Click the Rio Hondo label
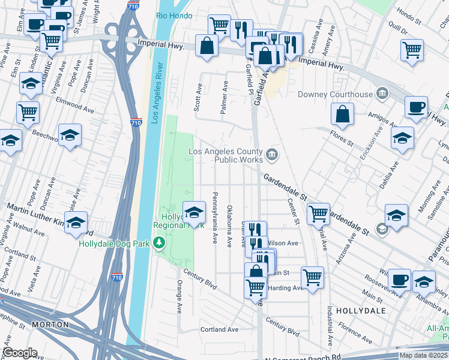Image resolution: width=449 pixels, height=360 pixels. pyautogui.click(x=174, y=16)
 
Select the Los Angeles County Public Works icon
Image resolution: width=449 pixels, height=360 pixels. pyautogui.click(x=272, y=155)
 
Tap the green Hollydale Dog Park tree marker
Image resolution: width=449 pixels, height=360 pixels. pyautogui.click(x=159, y=243)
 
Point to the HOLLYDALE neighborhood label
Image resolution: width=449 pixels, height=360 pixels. pyautogui.click(x=357, y=311)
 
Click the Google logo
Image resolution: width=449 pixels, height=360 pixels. pyautogui.click(x=19, y=353)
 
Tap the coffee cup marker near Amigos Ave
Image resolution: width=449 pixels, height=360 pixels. pyautogui.click(x=416, y=107)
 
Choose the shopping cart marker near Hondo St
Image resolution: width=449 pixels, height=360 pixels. pyautogui.click(x=412, y=50)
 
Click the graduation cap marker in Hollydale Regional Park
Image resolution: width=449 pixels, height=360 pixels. pyautogui.click(x=193, y=212)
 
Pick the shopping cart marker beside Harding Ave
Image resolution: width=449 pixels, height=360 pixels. pyautogui.click(x=312, y=278)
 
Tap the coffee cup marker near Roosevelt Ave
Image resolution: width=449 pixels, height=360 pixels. pyautogui.click(x=399, y=279)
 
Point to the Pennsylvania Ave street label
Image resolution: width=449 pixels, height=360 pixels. pyautogui.click(x=215, y=218)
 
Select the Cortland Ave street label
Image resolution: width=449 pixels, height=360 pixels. pyautogui.click(x=219, y=329)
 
